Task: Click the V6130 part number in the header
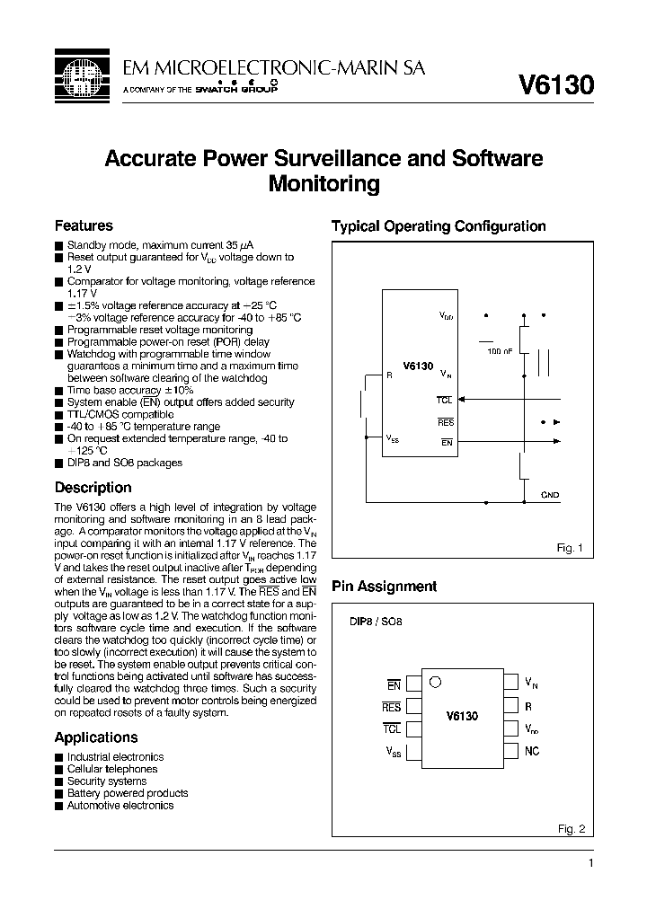coord(556,84)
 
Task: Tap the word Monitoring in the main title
coord(324,185)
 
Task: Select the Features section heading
coord(84,225)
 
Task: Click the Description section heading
coord(93,488)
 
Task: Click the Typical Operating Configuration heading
coord(439,226)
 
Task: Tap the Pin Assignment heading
coord(384,587)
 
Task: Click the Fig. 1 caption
coord(571,548)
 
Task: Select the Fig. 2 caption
coord(571,829)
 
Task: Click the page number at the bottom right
coord(590,863)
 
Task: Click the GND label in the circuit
coord(550,495)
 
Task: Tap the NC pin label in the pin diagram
coord(532,751)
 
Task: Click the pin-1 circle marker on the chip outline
coord(435,681)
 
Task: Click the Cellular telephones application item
coord(112,769)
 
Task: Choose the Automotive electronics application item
coord(120,805)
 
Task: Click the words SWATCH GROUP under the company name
coord(236,91)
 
